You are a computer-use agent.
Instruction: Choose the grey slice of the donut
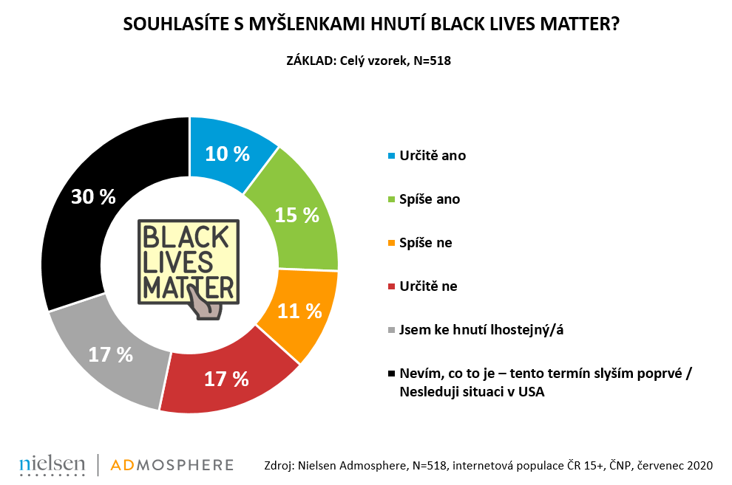[111, 354]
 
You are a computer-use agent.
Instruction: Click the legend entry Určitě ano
[432, 156]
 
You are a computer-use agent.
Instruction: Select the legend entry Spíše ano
[428, 199]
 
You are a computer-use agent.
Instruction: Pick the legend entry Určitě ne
[428, 286]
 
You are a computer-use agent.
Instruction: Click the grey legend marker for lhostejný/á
[391, 330]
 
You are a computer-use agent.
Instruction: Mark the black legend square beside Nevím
[391, 374]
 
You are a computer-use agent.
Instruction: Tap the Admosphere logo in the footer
[172, 465]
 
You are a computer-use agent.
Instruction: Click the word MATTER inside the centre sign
[189, 284]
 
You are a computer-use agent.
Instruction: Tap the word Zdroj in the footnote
[278, 466]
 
